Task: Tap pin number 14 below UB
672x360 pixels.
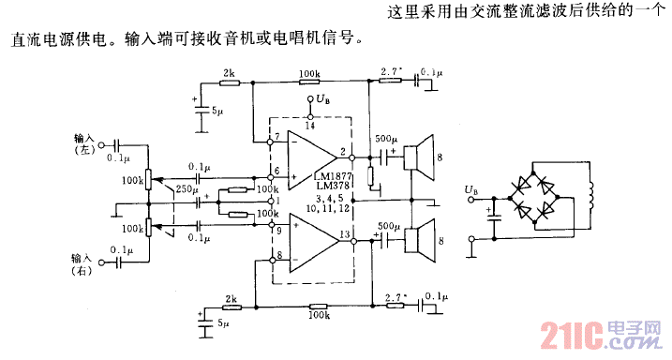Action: [308, 124]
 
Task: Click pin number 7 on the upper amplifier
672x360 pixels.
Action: [276, 137]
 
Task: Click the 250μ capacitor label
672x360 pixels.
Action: [188, 189]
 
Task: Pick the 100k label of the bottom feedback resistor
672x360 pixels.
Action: [321, 316]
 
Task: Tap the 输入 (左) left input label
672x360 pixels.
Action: [85, 142]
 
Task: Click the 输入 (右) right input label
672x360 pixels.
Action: [85, 262]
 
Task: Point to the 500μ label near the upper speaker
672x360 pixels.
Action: [386, 140]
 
